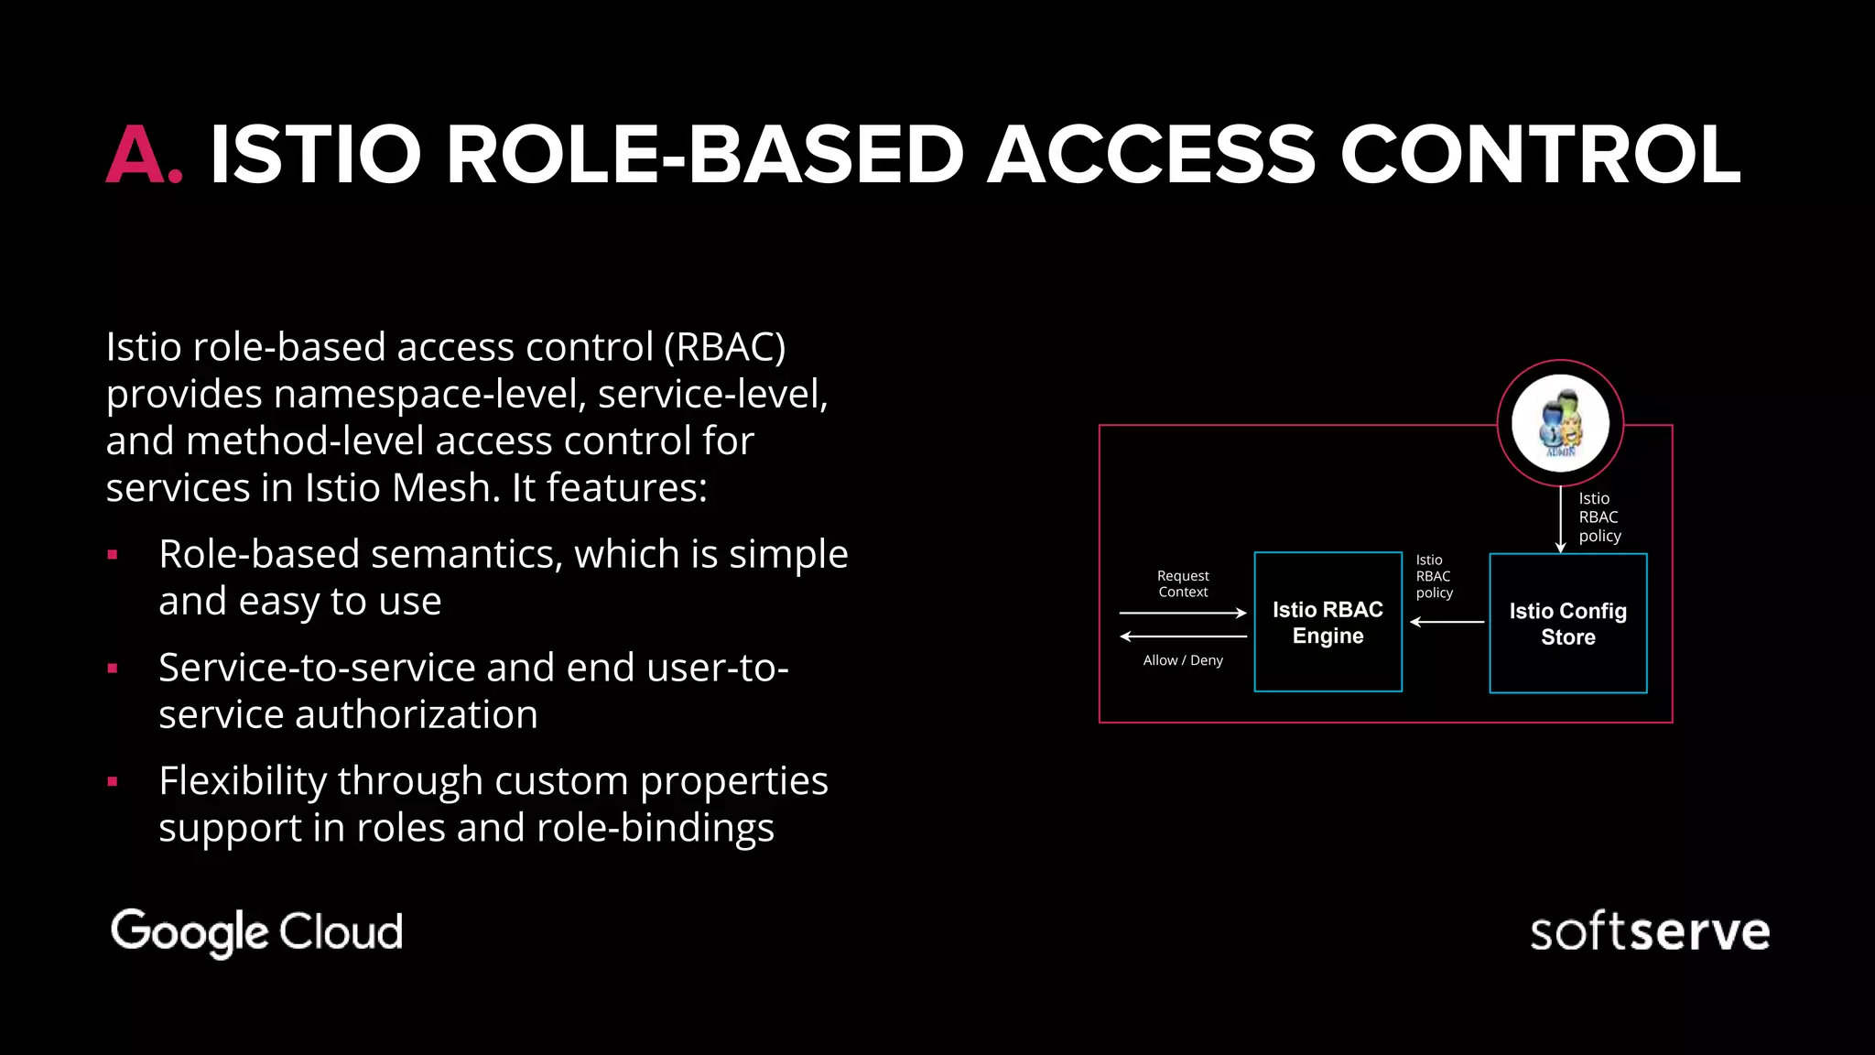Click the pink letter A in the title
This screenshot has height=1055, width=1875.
pos(135,155)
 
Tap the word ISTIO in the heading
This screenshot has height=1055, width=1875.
pos(315,155)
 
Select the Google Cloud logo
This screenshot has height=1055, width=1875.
pos(256,931)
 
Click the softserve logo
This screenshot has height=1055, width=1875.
pos(1649,932)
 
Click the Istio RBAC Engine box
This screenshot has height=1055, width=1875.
pos(1328,622)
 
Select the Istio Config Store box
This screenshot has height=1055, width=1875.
pos(1567,623)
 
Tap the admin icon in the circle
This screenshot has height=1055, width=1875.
pos(1560,423)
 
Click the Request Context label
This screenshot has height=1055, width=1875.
pos(1183,583)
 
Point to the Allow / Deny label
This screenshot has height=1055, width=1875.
pos(1183,660)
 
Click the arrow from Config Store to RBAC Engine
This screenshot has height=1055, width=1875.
pos(1447,622)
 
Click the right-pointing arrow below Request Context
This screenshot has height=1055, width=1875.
pos(1183,613)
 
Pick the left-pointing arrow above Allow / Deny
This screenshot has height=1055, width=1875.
pos(1183,636)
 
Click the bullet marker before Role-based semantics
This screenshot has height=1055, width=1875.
pos(113,555)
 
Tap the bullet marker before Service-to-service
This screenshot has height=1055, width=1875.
pos(113,669)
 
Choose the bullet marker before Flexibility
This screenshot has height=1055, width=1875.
pos(113,782)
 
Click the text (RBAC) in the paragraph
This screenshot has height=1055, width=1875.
pos(724,347)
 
